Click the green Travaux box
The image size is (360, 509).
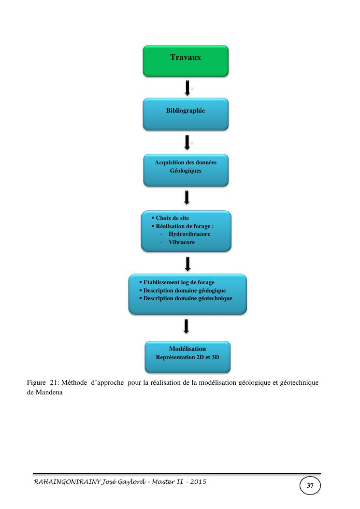pyautogui.click(x=186, y=61)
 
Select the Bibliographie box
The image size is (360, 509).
pyautogui.click(x=186, y=114)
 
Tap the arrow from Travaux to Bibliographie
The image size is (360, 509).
pyautogui.click(x=187, y=87)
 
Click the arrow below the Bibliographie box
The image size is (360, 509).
pyautogui.click(x=187, y=142)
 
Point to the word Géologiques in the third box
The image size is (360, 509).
pyautogui.click(x=186, y=171)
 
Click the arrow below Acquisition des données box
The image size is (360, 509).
pyautogui.click(x=187, y=197)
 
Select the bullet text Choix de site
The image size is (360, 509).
pyautogui.click(x=172, y=218)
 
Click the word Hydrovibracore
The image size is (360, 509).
pyautogui.click(x=189, y=234)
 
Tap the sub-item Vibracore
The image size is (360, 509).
pyautogui.click(x=182, y=242)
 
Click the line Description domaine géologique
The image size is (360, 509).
pyautogui.click(x=185, y=291)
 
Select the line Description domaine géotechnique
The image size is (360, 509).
pyautogui.click(x=187, y=299)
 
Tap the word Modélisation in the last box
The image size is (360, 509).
pyautogui.click(x=187, y=349)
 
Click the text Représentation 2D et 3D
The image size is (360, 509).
pyautogui.click(x=187, y=358)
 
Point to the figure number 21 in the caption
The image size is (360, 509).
pyautogui.click(x=55, y=383)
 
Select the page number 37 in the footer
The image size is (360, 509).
pyautogui.click(x=310, y=485)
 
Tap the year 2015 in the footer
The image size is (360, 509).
pyautogui.click(x=197, y=482)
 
